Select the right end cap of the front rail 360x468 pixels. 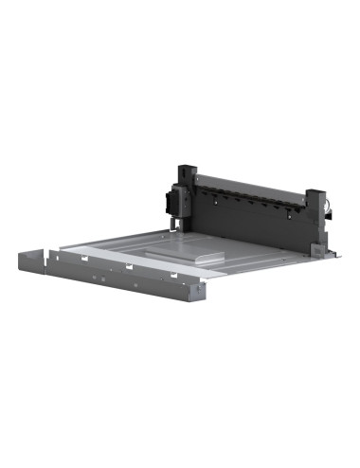196,290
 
